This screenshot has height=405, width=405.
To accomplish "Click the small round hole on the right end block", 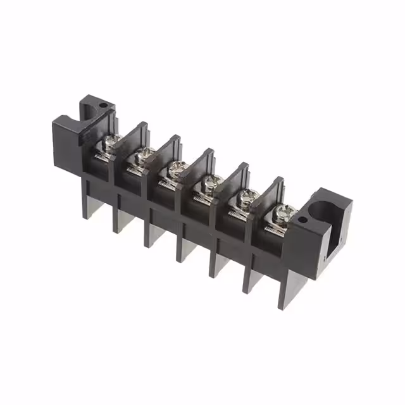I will click(x=302, y=221).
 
